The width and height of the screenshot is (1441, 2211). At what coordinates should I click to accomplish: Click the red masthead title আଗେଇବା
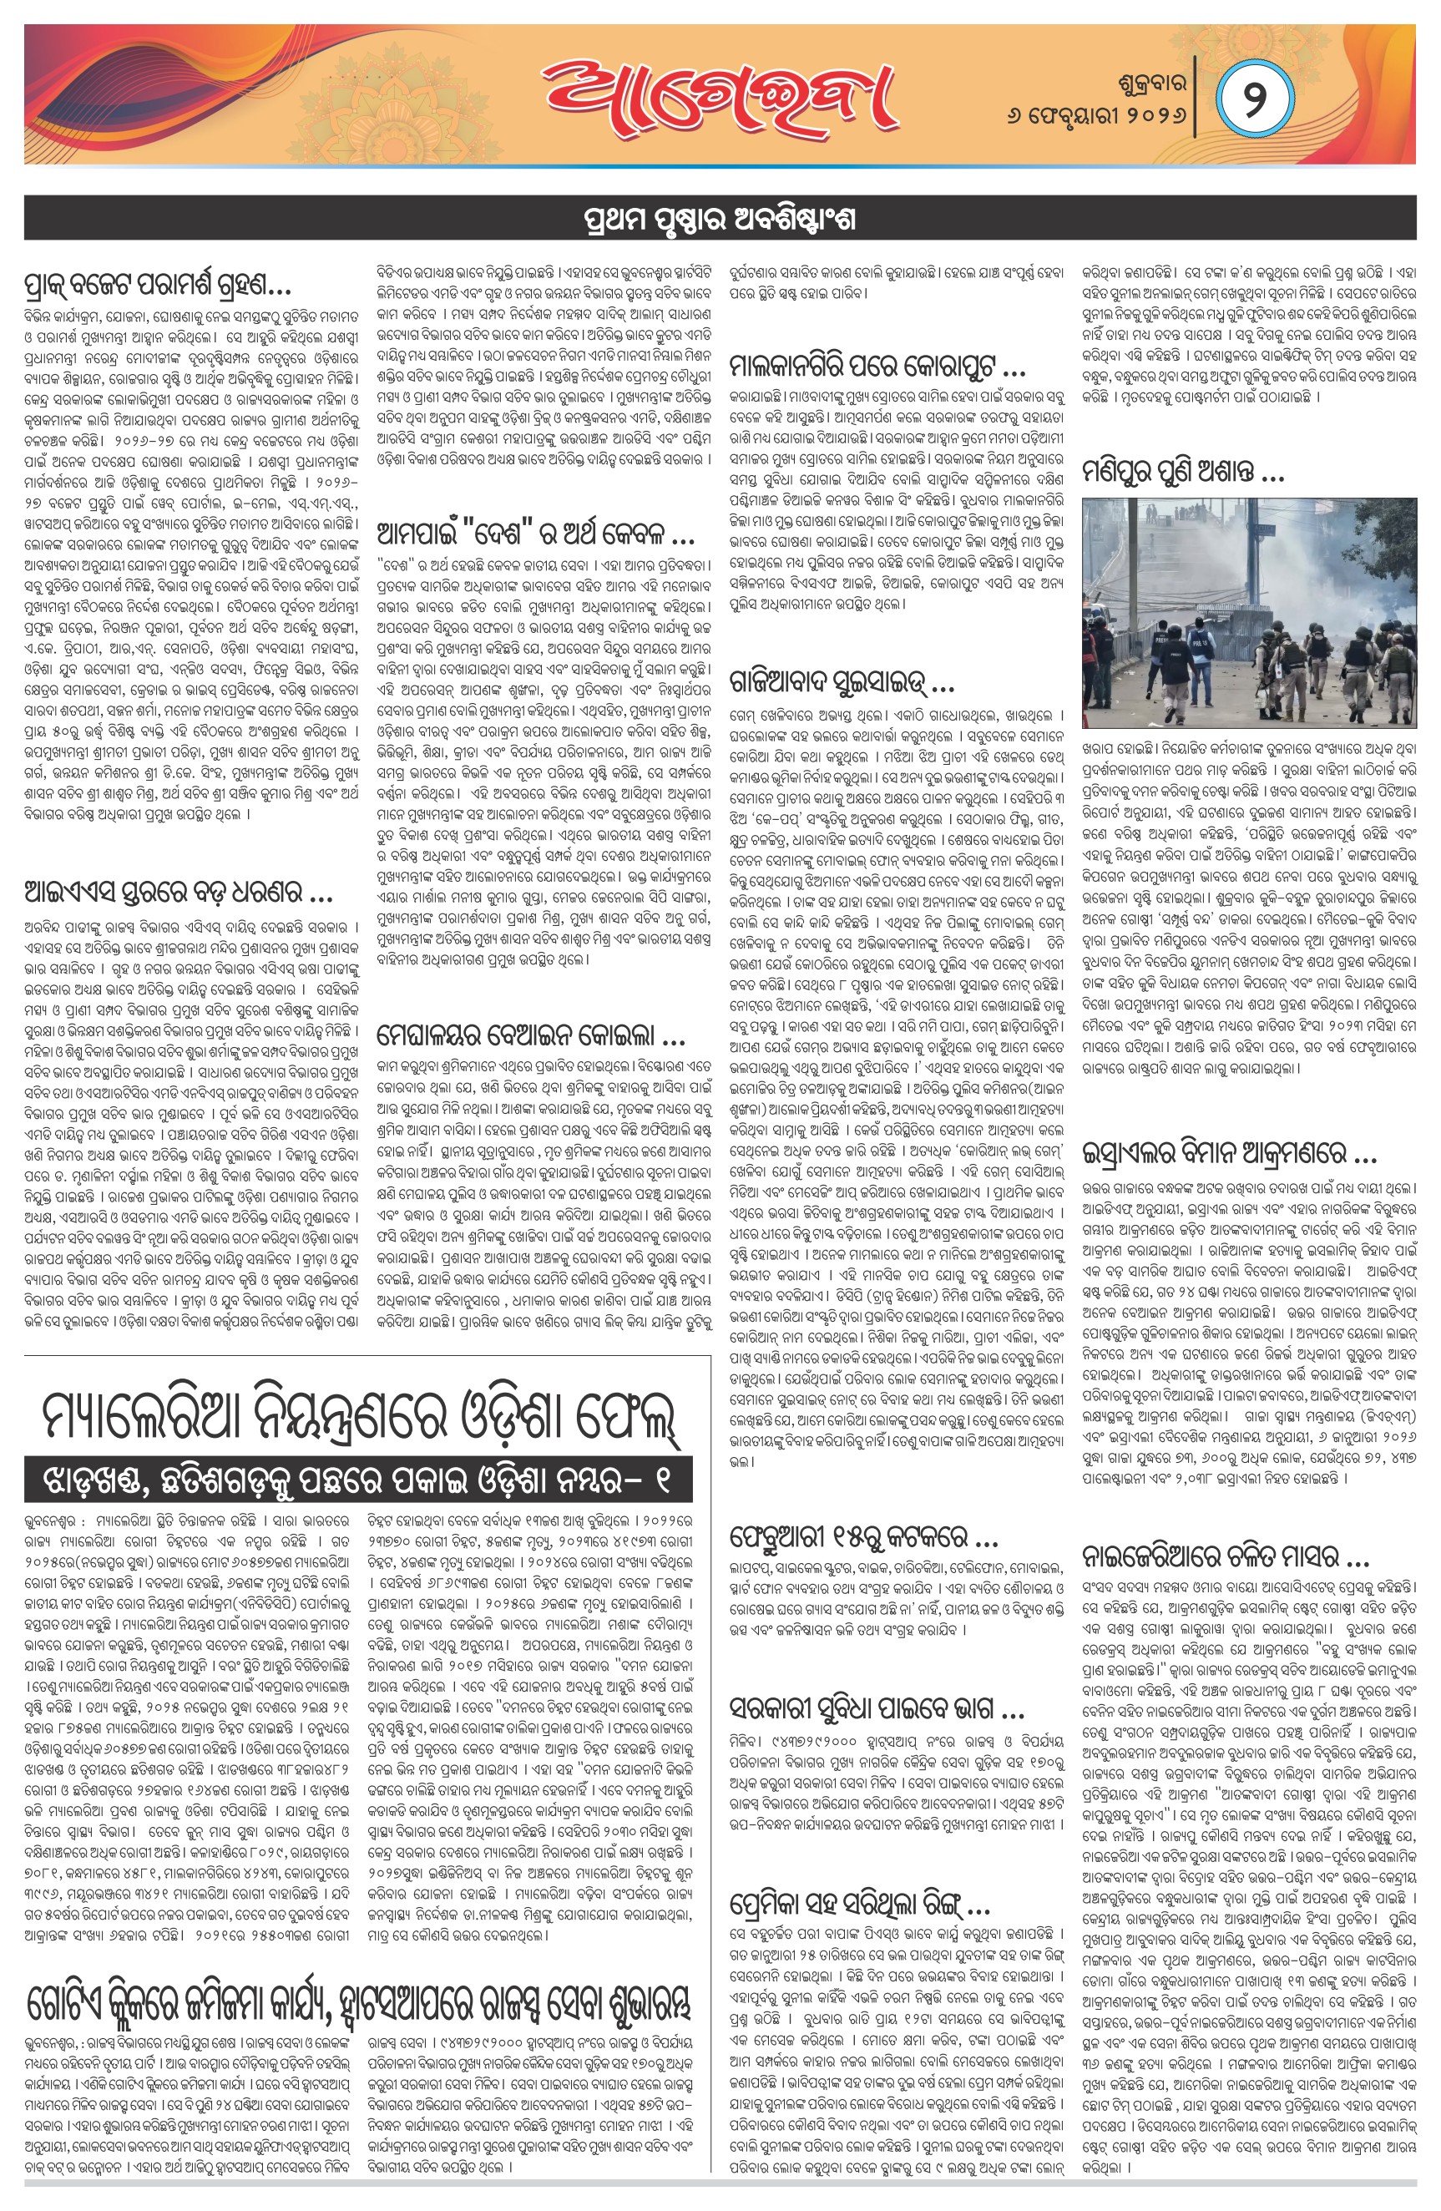click(x=720, y=94)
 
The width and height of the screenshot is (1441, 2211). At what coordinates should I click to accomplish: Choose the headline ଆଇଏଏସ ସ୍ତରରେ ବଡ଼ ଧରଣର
click(x=179, y=893)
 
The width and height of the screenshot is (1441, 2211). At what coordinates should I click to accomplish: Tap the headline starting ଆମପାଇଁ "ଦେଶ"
click(x=535, y=534)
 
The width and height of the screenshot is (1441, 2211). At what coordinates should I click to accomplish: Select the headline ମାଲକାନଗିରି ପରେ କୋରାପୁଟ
click(x=877, y=366)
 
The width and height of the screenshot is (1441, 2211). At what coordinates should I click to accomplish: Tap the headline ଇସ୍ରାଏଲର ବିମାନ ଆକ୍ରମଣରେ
click(x=1228, y=1154)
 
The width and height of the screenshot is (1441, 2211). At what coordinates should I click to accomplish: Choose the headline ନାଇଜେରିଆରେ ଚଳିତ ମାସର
click(x=1226, y=1556)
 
